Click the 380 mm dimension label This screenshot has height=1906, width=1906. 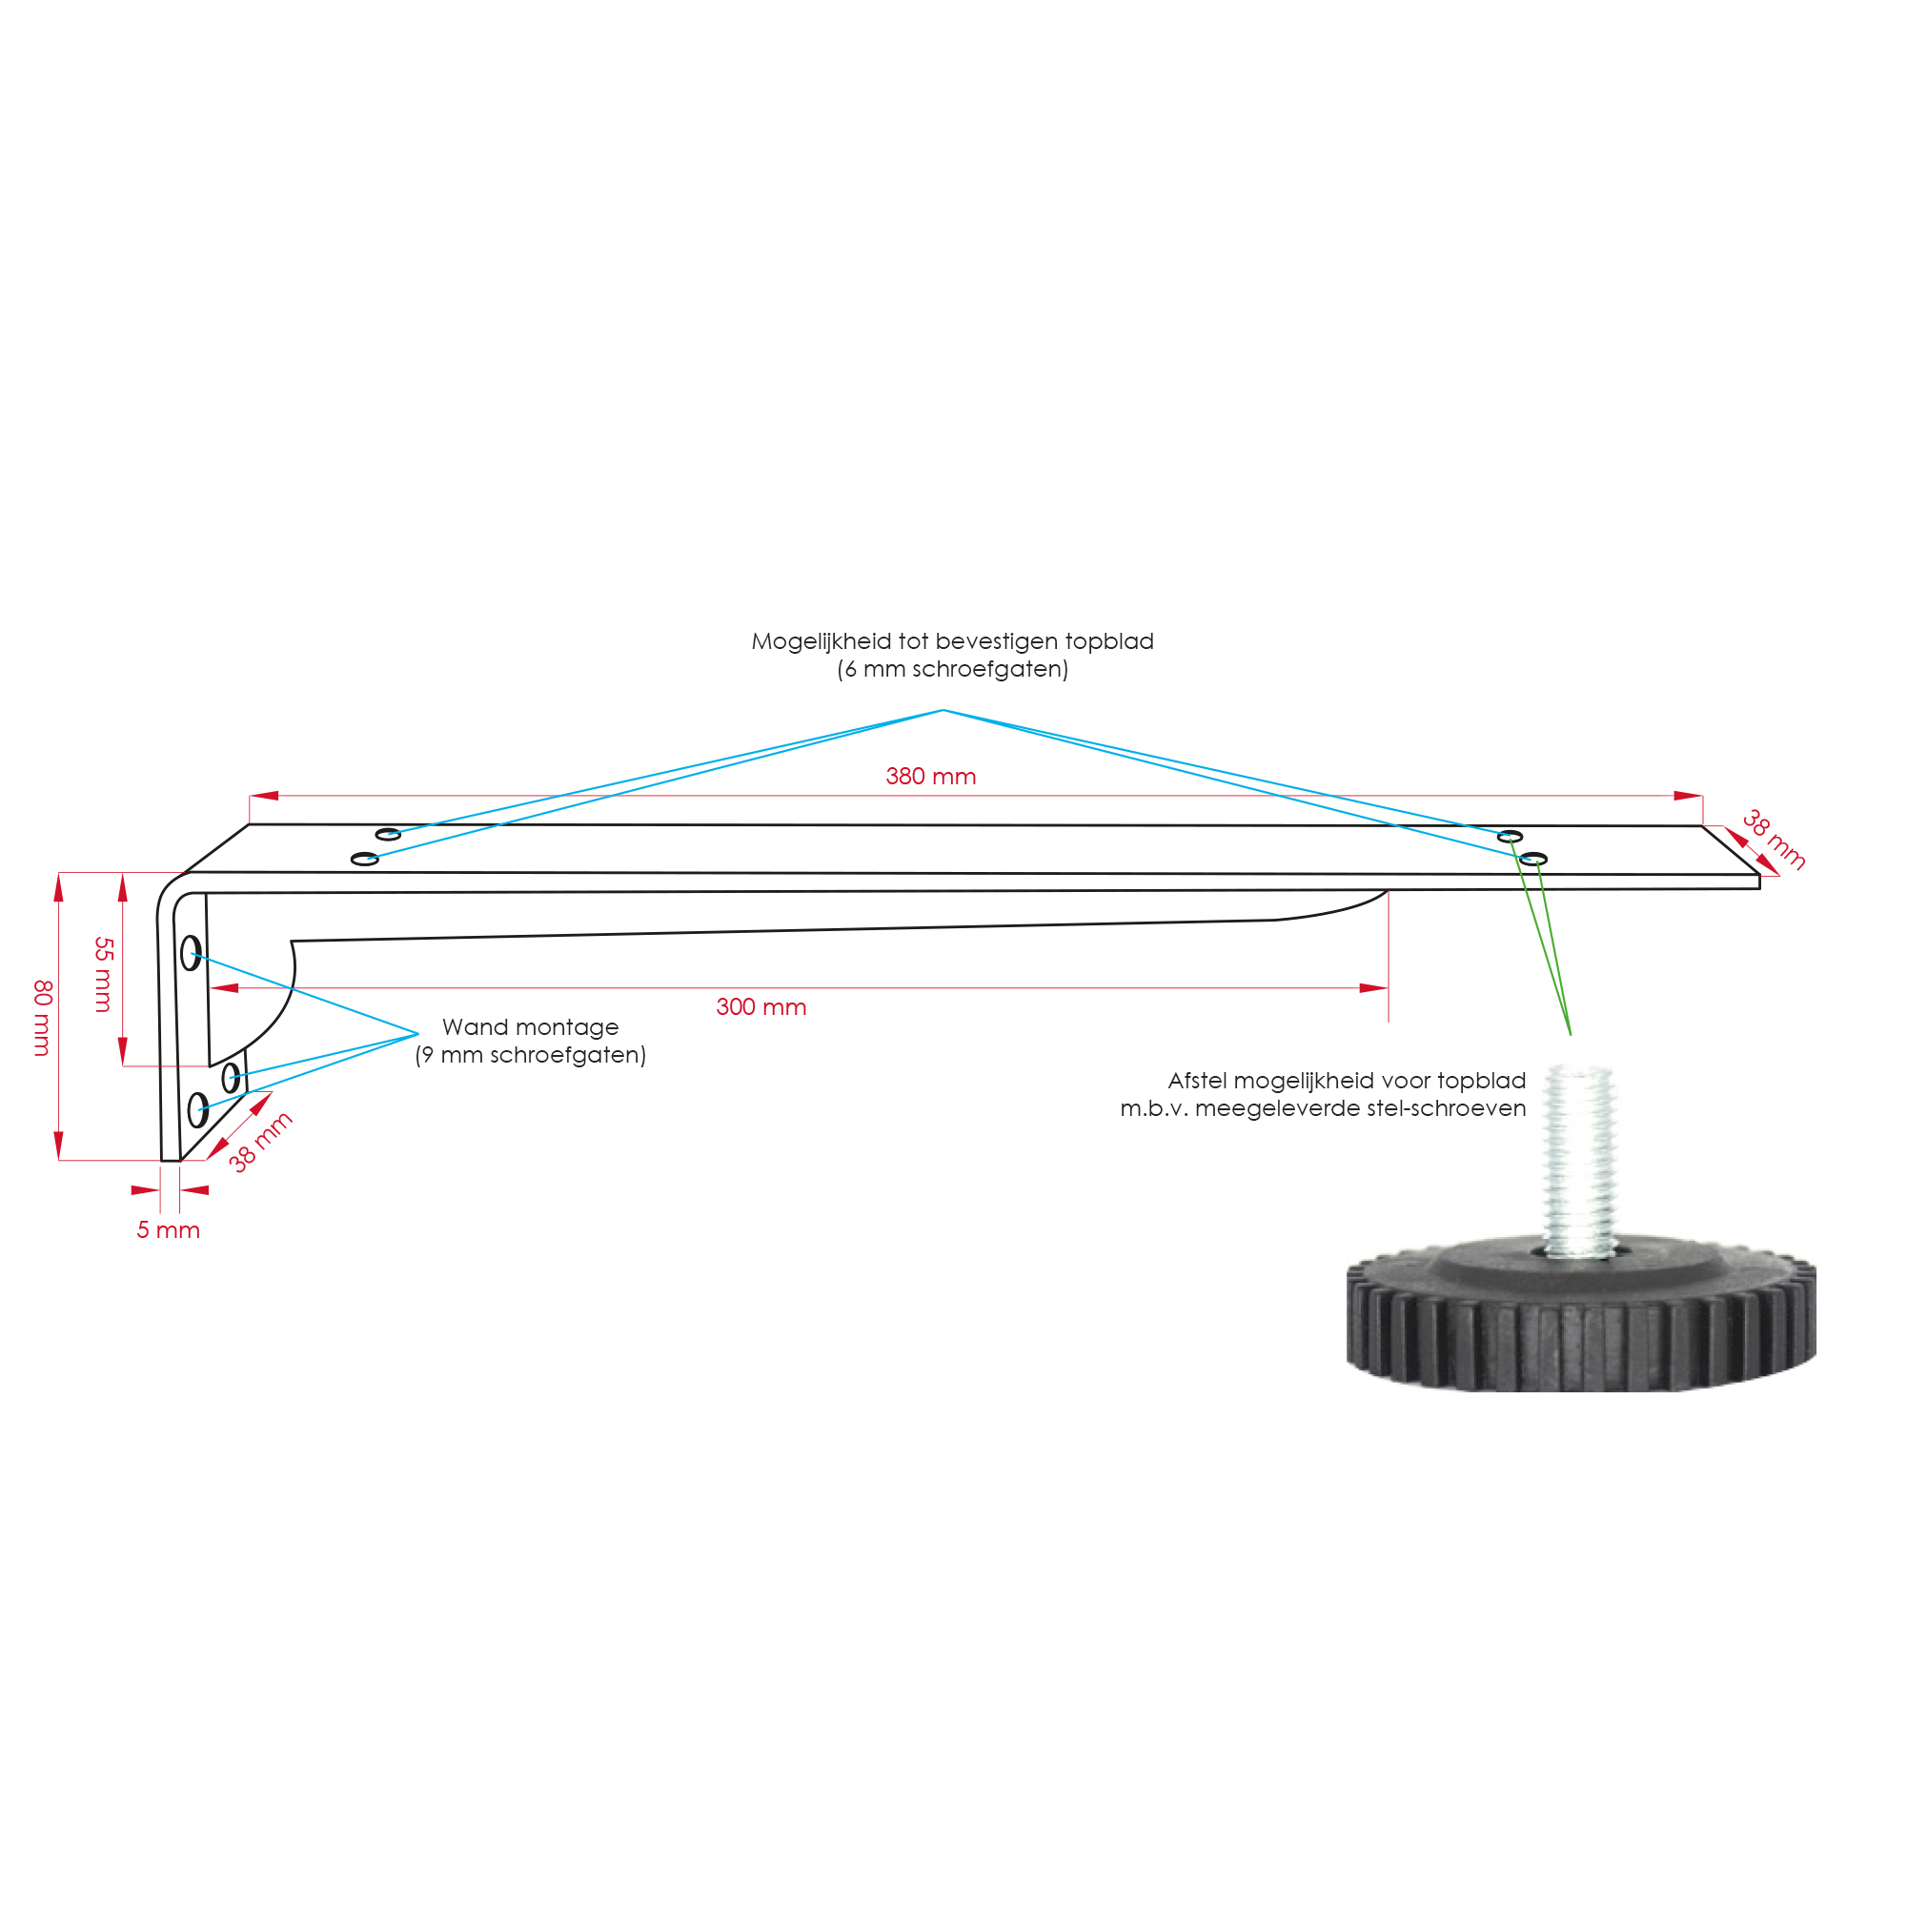(x=930, y=777)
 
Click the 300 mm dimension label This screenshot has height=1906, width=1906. (x=760, y=1007)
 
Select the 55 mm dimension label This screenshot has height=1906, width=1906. (x=104, y=975)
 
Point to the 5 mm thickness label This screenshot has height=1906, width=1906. (x=168, y=1230)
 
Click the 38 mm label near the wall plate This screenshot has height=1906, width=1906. (x=260, y=1142)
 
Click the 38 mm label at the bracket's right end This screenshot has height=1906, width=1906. (x=1774, y=840)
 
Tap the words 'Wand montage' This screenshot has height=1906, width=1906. (x=530, y=1027)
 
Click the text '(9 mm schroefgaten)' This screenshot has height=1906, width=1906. (x=531, y=1055)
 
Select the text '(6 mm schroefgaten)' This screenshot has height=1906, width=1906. (x=953, y=669)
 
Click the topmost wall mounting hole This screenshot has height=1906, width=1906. (x=192, y=953)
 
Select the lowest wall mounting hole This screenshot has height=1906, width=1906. (x=197, y=1110)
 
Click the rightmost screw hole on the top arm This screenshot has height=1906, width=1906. (x=1533, y=860)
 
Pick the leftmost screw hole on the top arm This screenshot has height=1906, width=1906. (x=365, y=860)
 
